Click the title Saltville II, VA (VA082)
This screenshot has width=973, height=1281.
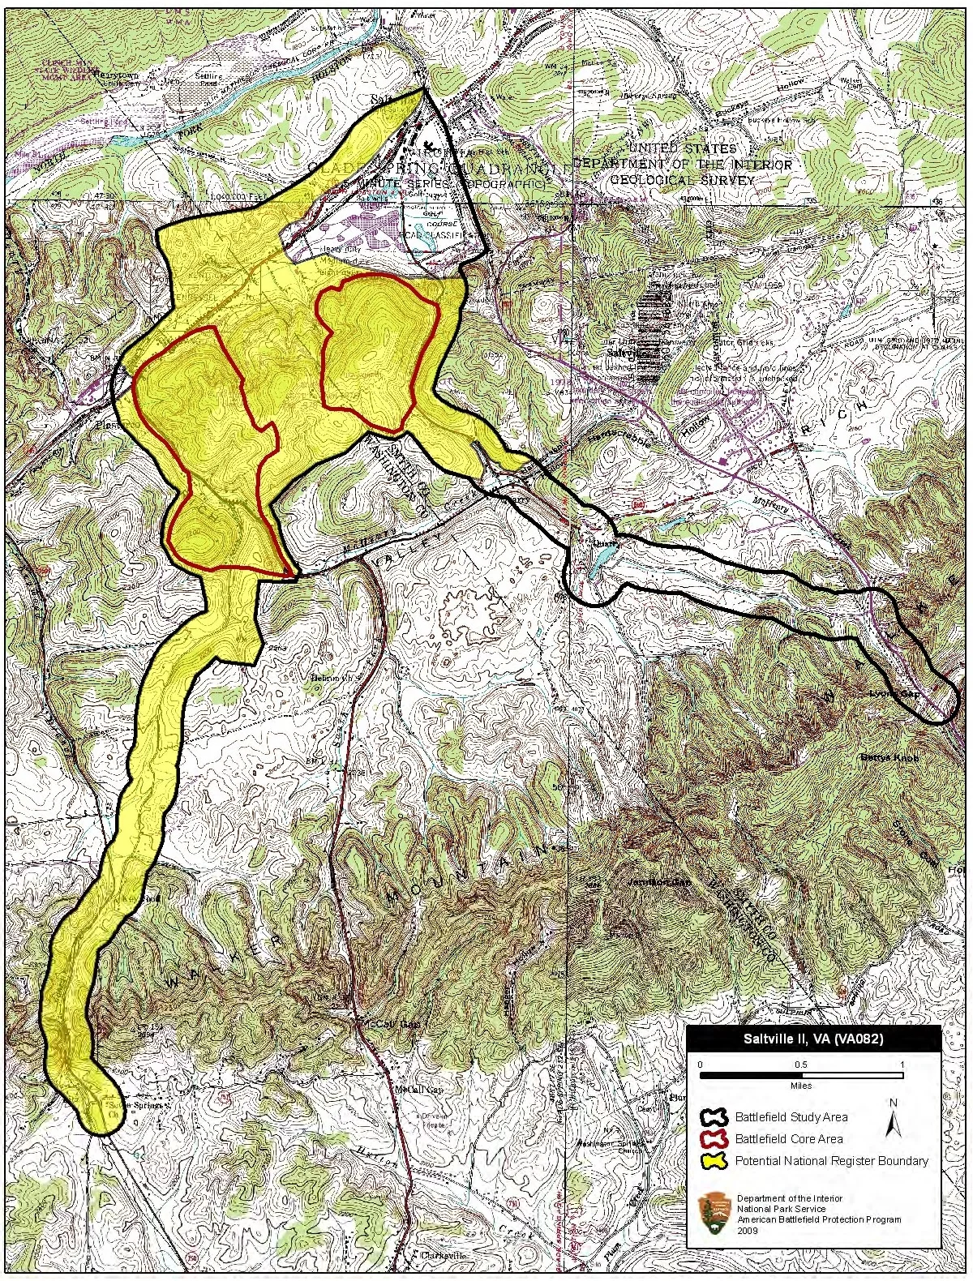pyautogui.click(x=813, y=1039)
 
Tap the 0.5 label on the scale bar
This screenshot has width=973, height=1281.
pyautogui.click(x=801, y=1063)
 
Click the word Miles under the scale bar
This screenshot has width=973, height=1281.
pyautogui.click(x=801, y=1086)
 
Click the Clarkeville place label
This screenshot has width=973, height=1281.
pyautogui.click(x=445, y=1254)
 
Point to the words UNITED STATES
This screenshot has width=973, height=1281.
pyautogui.click(x=683, y=149)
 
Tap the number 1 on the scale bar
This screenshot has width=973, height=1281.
pyautogui.click(x=902, y=1063)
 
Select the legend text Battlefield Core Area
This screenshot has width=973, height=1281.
pyautogui.click(x=788, y=1138)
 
